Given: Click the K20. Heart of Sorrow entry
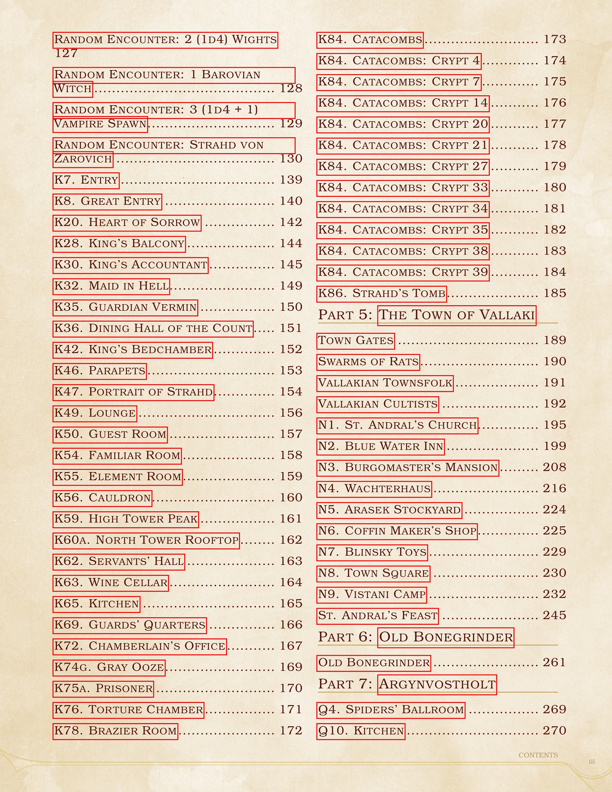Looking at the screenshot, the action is point(127,222).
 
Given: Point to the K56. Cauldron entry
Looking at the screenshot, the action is point(102,498).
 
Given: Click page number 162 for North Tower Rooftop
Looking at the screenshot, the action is point(291,540).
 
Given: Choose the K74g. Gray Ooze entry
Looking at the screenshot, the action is point(109,667).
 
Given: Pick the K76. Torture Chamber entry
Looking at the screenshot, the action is point(128,710).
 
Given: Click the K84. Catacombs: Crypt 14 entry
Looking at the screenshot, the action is point(403,103).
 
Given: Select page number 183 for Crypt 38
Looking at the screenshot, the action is point(555,251).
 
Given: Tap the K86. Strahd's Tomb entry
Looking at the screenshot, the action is point(382,293).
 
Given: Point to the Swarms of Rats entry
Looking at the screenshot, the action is point(368,362).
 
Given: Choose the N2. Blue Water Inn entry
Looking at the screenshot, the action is point(380,446).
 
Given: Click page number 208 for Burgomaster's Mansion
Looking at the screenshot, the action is point(554,468).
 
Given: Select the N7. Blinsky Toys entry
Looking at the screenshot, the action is point(372,552).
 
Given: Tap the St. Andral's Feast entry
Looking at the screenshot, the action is point(378,616).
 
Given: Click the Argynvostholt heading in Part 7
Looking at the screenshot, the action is point(437,684).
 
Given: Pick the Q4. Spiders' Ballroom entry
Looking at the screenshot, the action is point(390,710).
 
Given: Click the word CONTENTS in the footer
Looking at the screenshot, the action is point(538,755).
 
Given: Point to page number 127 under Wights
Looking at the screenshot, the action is point(66,53).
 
